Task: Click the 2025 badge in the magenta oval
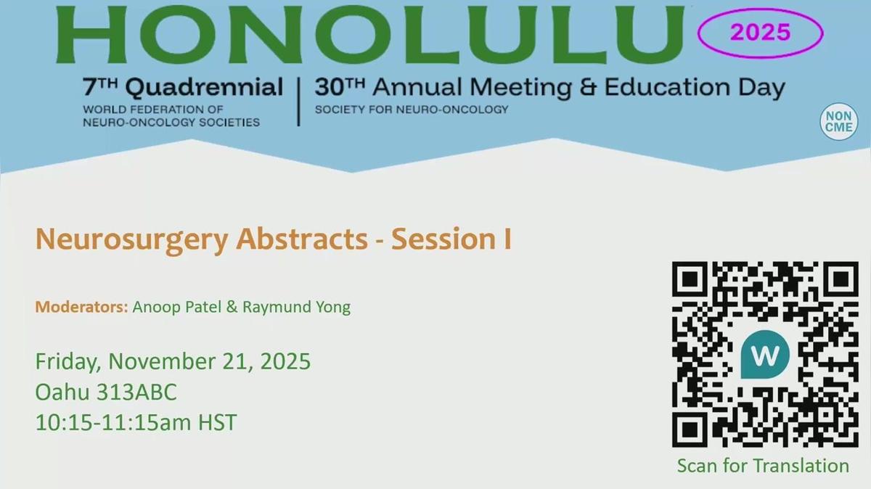pyautogui.click(x=760, y=32)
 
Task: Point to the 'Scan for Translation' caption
pyautogui.click(x=763, y=465)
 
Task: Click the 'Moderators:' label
pyautogui.click(x=81, y=307)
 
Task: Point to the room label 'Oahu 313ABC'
pyautogui.click(x=106, y=392)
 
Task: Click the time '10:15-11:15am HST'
pyautogui.click(x=136, y=422)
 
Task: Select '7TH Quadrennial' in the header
pyautogui.click(x=184, y=89)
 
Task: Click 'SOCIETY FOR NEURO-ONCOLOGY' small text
pyautogui.click(x=412, y=110)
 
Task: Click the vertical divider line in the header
pyautogui.click(x=299, y=101)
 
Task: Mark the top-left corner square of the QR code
pyautogui.click(x=691, y=281)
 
